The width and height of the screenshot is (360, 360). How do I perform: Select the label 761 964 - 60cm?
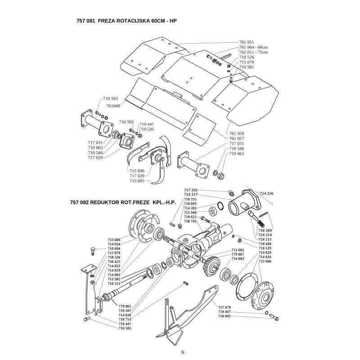click(x=253, y=47)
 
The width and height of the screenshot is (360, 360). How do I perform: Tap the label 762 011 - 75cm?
click(x=253, y=52)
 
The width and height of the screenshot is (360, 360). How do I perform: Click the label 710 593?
click(x=110, y=98)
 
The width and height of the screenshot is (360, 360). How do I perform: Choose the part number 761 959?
click(x=237, y=133)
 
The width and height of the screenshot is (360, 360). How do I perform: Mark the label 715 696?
click(x=137, y=171)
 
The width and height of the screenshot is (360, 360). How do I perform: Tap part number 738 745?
click(x=190, y=221)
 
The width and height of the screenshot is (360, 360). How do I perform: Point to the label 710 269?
click(x=265, y=230)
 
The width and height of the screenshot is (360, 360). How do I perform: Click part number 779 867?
click(x=238, y=254)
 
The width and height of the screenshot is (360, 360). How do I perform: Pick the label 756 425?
click(x=114, y=262)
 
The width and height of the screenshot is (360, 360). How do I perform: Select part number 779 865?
click(x=125, y=306)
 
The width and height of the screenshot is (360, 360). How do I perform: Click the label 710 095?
click(x=224, y=316)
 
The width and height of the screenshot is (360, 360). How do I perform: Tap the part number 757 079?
click(x=224, y=307)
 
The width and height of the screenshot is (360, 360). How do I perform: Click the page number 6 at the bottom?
click(x=183, y=352)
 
